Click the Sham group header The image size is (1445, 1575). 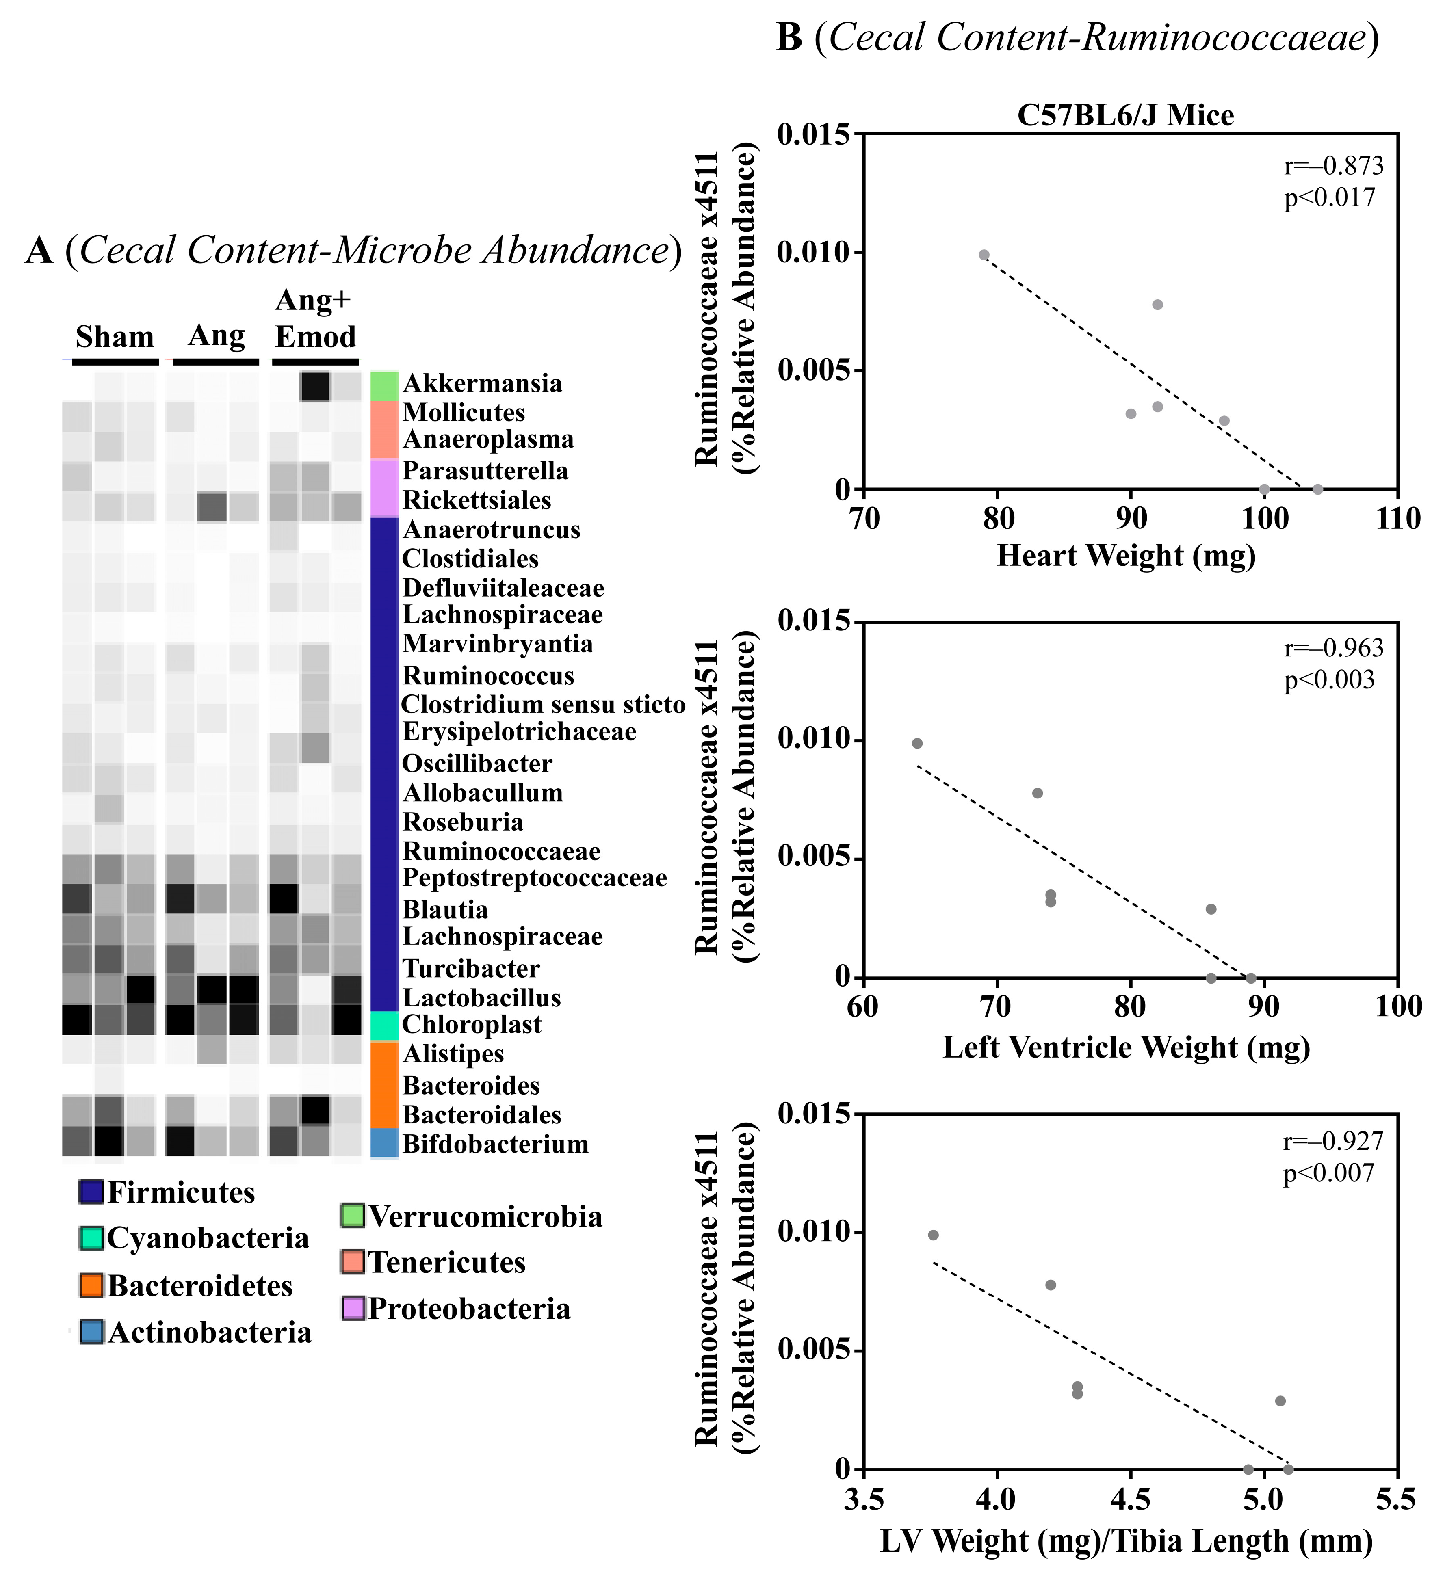pyautogui.click(x=114, y=337)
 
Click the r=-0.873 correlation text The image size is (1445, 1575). pyautogui.click(x=1333, y=166)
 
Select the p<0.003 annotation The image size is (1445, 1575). pyautogui.click(x=1328, y=680)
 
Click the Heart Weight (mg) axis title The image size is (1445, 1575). pyautogui.click(x=1126, y=556)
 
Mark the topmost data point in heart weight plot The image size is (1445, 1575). pyautogui.click(x=984, y=255)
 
